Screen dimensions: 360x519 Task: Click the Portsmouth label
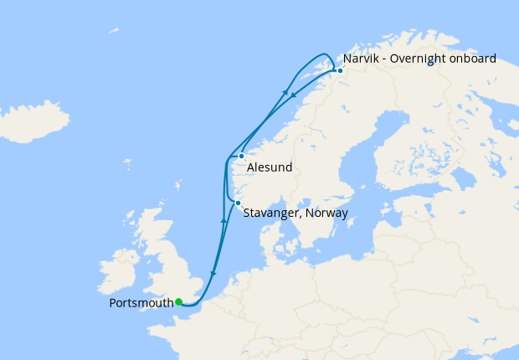tap(141, 302)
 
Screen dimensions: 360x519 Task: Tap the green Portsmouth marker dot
tap(178, 302)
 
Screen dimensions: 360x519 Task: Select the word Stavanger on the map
tap(271, 213)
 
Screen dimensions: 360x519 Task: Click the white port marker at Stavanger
tap(238, 203)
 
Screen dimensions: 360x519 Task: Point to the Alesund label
tap(270, 167)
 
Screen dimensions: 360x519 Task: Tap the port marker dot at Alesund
tap(241, 156)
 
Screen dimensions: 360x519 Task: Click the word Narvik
tap(360, 59)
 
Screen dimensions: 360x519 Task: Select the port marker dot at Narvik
tap(340, 71)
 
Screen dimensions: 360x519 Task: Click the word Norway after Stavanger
tap(327, 213)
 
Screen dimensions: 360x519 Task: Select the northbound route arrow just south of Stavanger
tap(224, 220)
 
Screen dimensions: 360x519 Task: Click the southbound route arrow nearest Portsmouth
tap(213, 273)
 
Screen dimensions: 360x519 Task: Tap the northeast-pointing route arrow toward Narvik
tap(286, 92)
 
